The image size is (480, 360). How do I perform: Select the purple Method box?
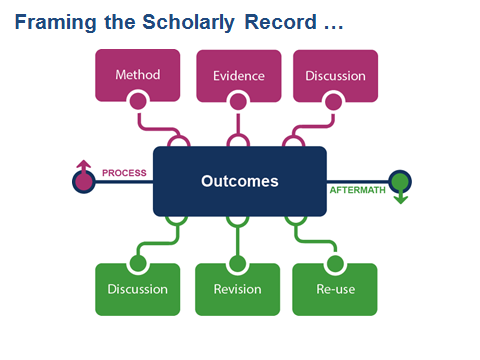138,75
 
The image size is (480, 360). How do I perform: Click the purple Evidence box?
237,75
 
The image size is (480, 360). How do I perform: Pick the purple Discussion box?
334,75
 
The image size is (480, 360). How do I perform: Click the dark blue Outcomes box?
239,181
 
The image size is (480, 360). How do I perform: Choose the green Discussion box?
138,290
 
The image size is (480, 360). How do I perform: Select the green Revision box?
237,290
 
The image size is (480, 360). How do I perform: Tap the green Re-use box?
334,290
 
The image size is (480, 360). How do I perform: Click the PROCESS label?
124,172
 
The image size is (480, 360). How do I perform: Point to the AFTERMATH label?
356,189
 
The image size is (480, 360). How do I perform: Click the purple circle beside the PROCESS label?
83,182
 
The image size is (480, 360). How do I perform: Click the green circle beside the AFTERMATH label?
400,181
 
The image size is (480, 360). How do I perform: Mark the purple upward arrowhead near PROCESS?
83,164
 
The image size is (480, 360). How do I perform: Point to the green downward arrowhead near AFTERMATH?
400,199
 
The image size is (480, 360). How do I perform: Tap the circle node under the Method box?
138,100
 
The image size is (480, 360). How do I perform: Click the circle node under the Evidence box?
237,100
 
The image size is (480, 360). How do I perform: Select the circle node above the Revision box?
237,264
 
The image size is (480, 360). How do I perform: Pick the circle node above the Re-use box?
334,264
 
